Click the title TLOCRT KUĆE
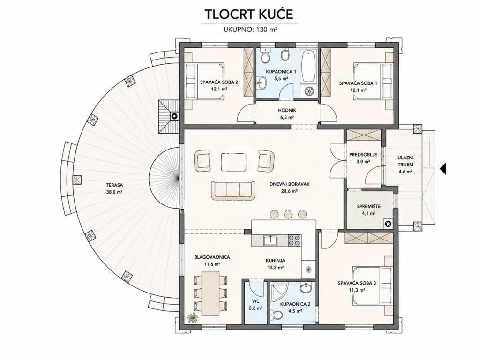(249, 14)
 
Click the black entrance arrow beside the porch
(443, 168)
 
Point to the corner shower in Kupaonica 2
(277, 291)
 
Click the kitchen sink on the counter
(270, 240)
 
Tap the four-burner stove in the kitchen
(294, 240)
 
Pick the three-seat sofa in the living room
(232, 189)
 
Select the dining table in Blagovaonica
(210, 293)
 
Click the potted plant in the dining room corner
(193, 318)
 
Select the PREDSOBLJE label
(363, 155)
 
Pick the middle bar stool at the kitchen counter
(288, 214)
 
